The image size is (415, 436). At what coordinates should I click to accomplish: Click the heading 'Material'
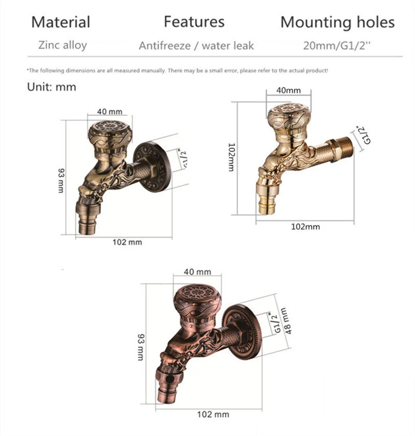click(x=61, y=22)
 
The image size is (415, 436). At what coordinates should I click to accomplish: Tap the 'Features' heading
click(x=194, y=22)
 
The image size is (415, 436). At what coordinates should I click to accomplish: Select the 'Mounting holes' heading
click(x=337, y=22)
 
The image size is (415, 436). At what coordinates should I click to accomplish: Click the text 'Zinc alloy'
click(x=63, y=45)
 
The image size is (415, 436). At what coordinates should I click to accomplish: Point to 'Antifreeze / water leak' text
click(x=196, y=46)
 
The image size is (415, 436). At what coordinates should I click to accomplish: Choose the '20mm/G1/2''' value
click(x=337, y=45)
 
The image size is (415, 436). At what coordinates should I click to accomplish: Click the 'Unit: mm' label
click(x=52, y=88)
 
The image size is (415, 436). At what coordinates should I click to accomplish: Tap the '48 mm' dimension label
click(x=284, y=321)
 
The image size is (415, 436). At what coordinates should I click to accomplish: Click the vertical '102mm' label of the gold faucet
click(x=232, y=157)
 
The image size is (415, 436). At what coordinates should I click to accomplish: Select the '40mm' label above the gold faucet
click(x=288, y=90)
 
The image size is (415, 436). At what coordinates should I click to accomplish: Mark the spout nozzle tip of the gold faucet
click(x=266, y=205)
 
